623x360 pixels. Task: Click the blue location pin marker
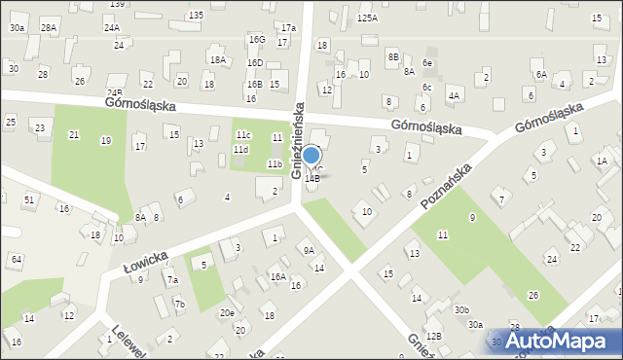(x=311, y=156)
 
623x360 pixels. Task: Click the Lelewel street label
(x=128, y=341)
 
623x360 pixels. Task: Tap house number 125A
(x=367, y=18)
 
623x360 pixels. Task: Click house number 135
(x=196, y=15)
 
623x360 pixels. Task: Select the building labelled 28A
(x=48, y=28)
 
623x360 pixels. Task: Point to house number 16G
(x=256, y=39)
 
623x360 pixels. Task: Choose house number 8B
(x=393, y=57)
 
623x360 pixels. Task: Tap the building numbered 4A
(x=454, y=95)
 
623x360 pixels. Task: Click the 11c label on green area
(x=242, y=134)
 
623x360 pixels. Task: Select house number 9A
(x=309, y=250)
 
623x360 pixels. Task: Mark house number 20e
(x=227, y=312)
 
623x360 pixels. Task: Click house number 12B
(x=433, y=336)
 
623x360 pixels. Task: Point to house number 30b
(x=461, y=309)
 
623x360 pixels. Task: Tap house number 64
(x=17, y=259)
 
